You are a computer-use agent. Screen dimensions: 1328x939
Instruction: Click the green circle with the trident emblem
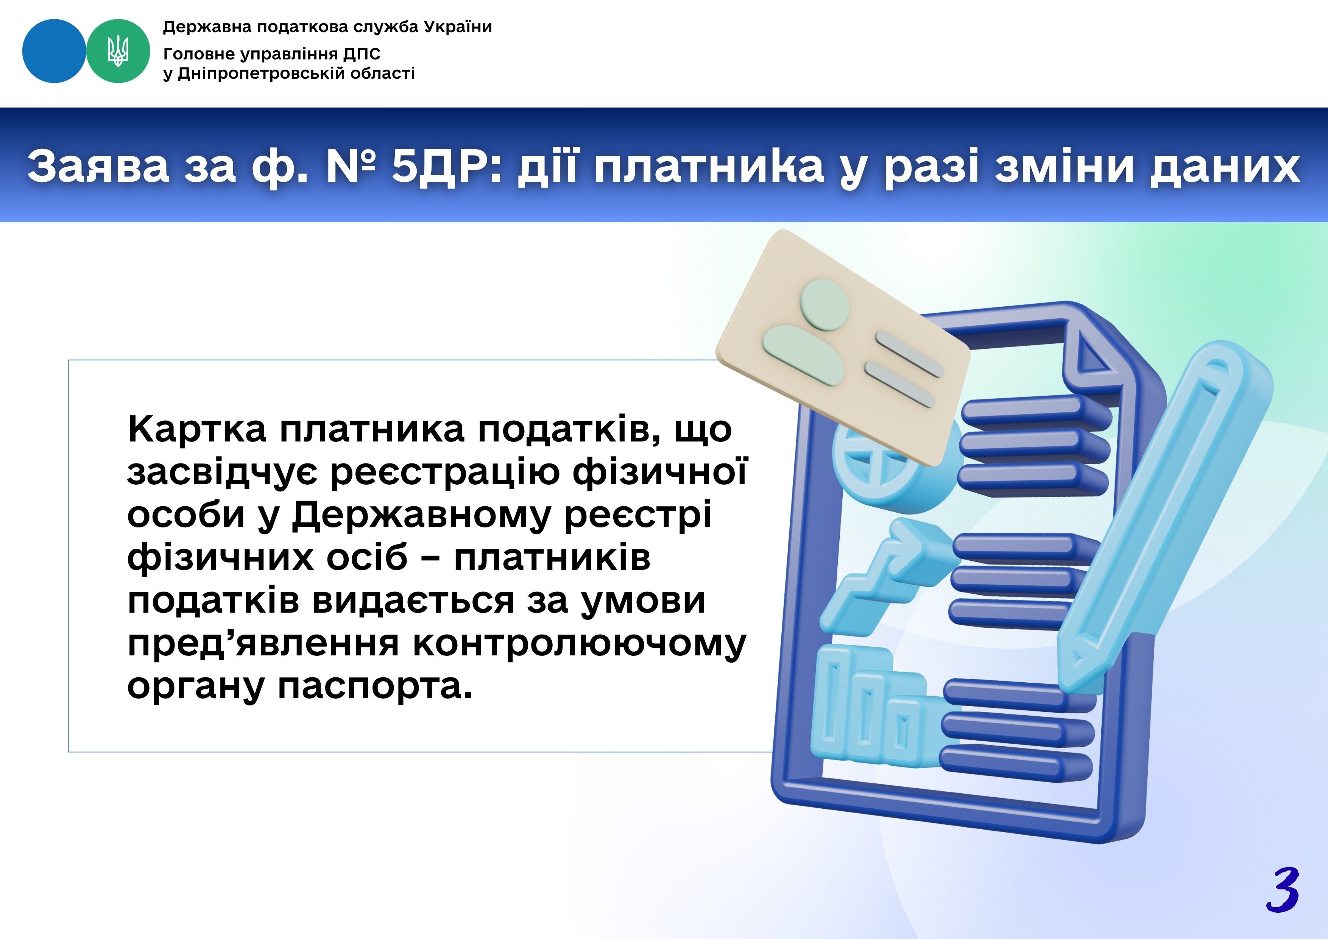[x=118, y=51]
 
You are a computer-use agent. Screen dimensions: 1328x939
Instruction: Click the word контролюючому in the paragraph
[x=579, y=644]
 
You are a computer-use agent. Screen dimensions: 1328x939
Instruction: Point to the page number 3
[x=1283, y=891]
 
